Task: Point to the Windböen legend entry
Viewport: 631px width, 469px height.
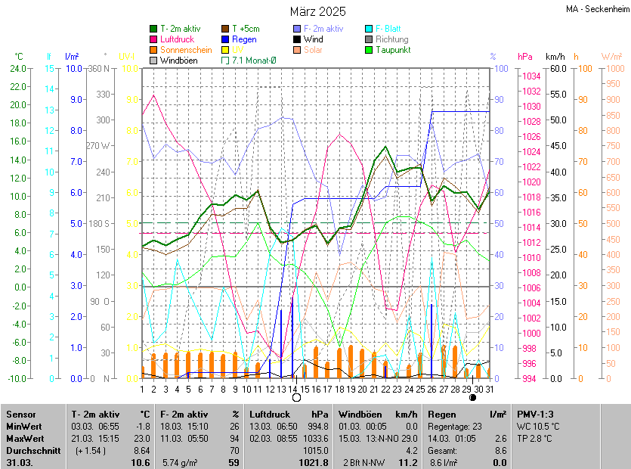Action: click(x=180, y=61)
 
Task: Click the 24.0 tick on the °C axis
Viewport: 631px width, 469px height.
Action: click(x=17, y=69)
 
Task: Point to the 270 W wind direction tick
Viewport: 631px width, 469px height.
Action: click(x=98, y=146)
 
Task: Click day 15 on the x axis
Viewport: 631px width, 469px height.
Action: click(x=305, y=389)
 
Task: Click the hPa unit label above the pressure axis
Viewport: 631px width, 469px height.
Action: click(x=524, y=57)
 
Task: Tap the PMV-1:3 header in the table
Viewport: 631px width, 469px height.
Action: click(x=535, y=415)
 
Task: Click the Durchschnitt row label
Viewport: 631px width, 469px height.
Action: click(x=27, y=449)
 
